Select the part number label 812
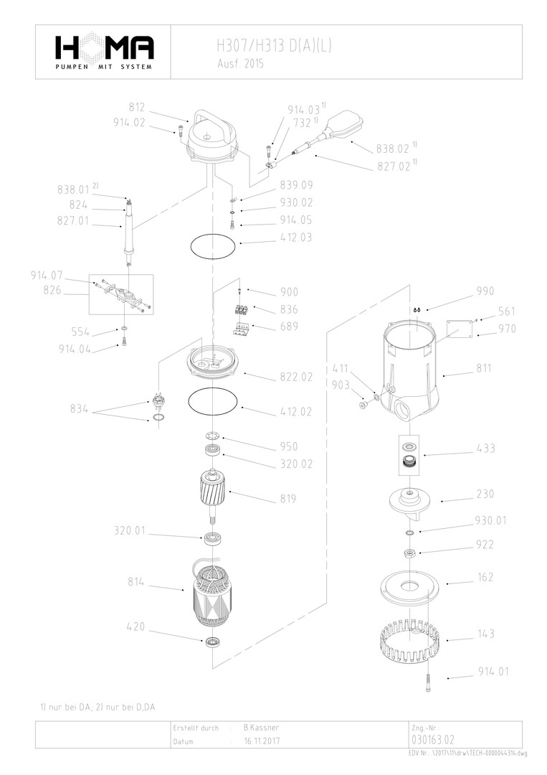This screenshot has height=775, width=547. click(137, 107)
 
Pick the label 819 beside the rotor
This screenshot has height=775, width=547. click(287, 499)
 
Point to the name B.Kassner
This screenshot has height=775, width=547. click(261, 728)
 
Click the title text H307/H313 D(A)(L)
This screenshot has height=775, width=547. click(274, 47)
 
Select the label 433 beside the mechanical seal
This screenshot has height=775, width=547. click(485, 448)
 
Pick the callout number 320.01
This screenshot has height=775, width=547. click(130, 531)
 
